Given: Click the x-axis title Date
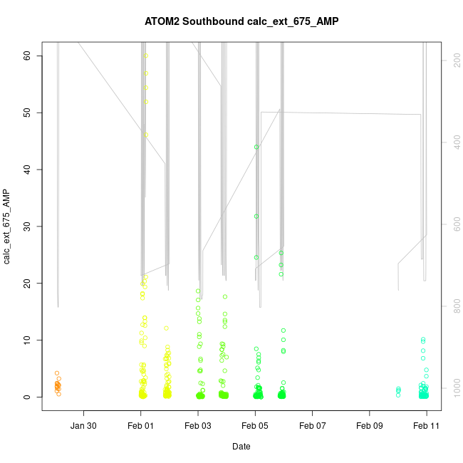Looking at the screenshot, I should click(241, 447).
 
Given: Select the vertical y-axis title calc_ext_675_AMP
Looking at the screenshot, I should click(7, 227).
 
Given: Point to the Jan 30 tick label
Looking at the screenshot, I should click(84, 426).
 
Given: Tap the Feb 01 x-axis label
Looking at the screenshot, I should click(141, 426).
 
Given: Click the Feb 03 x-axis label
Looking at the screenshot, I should click(198, 426).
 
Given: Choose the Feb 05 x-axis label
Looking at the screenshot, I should click(255, 426).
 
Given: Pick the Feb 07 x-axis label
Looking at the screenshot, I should click(313, 426).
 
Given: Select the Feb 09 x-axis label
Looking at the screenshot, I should click(370, 426).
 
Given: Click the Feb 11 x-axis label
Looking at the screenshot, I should click(427, 426).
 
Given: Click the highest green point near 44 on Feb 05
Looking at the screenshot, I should click(256, 147).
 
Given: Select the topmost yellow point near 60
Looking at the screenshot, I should click(145, 56).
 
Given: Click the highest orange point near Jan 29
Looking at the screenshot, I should click(57, 373).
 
